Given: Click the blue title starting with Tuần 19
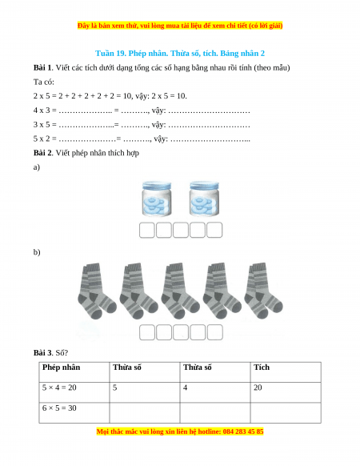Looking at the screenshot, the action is coord(180,53).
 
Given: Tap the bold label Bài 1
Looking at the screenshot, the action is coord(43,68).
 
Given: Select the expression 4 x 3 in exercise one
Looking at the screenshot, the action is coord(42,110).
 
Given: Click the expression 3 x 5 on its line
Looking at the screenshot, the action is coord(42,125).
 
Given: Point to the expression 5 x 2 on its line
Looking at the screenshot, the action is coord(42,139).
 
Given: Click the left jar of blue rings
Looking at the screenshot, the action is coord(157,199).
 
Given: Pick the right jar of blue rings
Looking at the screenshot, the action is coord(204,199).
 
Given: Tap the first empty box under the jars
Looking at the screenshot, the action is coord(147,230).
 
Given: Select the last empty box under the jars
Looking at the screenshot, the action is coord(214,230).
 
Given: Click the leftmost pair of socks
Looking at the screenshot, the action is coord(97,291).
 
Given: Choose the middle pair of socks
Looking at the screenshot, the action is coord(180,291).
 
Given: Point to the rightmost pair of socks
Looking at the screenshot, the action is coord(263,291).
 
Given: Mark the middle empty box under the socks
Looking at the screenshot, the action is coord(181,332).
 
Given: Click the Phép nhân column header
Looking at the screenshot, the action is coord(61,368).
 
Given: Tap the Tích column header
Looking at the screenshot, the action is coord(262,368).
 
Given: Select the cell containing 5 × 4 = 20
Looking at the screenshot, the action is coord(74,392).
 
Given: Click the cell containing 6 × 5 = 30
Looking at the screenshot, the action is coord(74,413).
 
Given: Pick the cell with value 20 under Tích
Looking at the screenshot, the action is coord(286,392).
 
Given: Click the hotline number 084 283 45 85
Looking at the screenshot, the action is coord(243,432).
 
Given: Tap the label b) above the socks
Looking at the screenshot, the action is coord(37,252).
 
